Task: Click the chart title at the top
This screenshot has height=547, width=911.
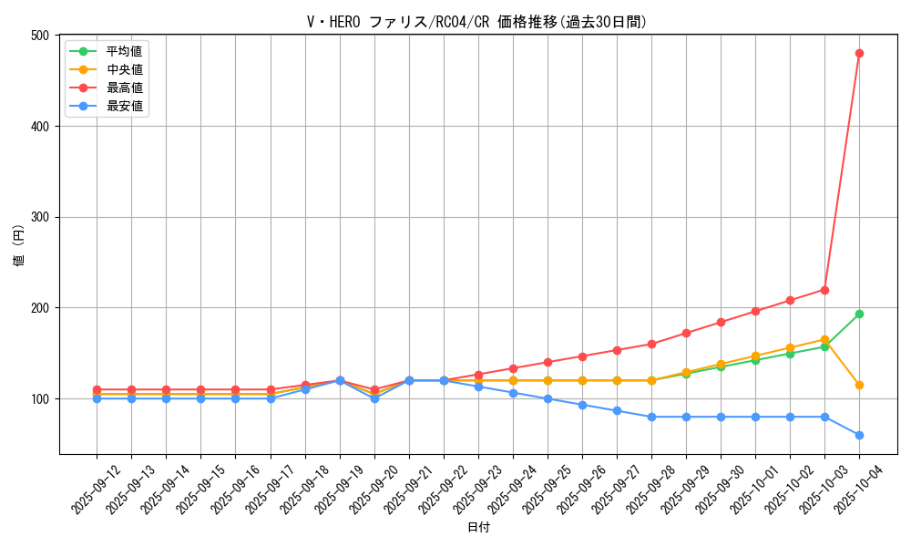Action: [x=476, y=22]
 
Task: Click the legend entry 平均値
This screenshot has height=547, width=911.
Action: [x=125, y=51]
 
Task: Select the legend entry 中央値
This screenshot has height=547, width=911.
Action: [x=125, y=69]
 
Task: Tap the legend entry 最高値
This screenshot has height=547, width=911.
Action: [x=125, y=88]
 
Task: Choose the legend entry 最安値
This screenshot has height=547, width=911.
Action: [x=125, y=106]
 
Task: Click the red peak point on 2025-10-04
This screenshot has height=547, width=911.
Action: [x=859, y=53]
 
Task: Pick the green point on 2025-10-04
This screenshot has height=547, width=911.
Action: [x=859, y=314]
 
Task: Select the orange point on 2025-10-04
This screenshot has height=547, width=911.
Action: [x=859, y=385]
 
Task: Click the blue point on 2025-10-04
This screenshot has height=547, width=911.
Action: [x=859, y=435]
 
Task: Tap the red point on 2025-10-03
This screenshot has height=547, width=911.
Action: [x=824, y=290]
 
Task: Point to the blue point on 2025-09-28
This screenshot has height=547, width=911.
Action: [x=651, y=417]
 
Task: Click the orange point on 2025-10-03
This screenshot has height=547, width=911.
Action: [x=824, y=339]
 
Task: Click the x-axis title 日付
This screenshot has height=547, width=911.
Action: [x=478, y=528]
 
